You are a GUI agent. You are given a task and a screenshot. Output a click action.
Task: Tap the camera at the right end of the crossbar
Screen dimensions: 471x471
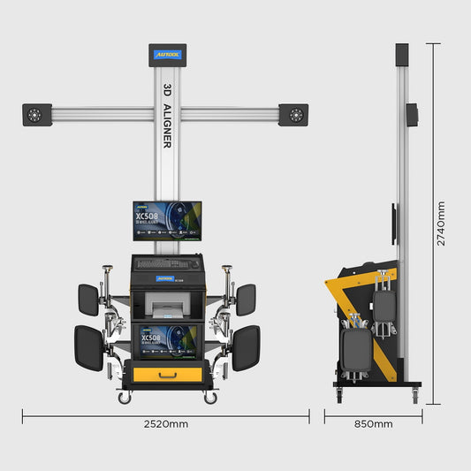(293, 115)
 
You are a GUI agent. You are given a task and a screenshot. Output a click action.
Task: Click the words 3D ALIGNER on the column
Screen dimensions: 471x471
(166, 116)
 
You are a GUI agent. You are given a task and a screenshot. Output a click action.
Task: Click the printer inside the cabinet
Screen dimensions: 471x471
(167, 307)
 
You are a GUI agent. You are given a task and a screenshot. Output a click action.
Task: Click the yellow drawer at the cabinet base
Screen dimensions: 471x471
(167, 375)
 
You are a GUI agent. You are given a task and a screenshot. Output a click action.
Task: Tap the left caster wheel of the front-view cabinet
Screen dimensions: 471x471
(123, 399)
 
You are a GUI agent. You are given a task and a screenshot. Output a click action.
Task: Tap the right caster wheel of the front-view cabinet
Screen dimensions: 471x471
(210, 399)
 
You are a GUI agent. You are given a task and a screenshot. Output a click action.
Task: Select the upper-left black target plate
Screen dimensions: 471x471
(88, 300)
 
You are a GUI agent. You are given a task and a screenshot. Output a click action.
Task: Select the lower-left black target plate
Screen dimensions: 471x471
(88, 347)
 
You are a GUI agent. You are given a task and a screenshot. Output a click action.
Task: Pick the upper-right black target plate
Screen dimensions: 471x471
(245, 300)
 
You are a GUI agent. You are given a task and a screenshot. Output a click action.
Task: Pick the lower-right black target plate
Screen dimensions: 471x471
(246, 347)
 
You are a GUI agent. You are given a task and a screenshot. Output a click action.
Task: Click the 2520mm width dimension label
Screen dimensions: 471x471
(166, 424)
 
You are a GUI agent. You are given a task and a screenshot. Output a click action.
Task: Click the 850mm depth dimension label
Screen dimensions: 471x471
(373, 424)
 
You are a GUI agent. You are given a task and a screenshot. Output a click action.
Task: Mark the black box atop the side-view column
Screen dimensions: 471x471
(402, 55)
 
